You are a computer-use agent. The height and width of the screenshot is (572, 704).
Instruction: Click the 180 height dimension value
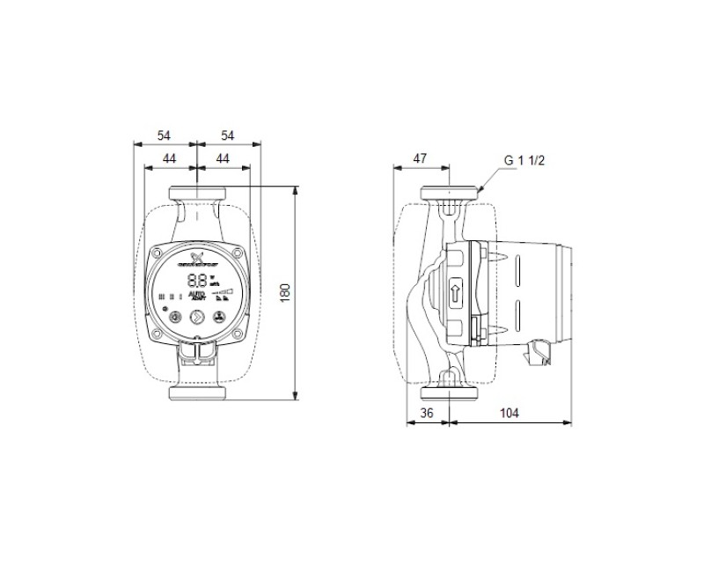click(284, 291)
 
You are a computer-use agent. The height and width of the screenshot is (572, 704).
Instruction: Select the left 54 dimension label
click(165, 135)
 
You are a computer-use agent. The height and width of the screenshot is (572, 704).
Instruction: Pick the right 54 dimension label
click(228, 135)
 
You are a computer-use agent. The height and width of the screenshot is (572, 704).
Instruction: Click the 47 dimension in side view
click(420, 158)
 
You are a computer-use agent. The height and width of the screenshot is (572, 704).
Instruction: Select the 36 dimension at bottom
click(429, 412)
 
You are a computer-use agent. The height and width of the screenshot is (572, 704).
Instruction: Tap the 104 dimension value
click(510, 412)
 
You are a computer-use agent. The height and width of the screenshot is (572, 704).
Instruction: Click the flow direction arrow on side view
click(455, 291)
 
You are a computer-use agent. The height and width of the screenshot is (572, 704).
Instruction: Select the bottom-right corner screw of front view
click(236, 332)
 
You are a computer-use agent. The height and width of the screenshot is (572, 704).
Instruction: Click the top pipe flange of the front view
click(197, 193)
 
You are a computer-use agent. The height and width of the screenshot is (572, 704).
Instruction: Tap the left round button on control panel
click(177, 318)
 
